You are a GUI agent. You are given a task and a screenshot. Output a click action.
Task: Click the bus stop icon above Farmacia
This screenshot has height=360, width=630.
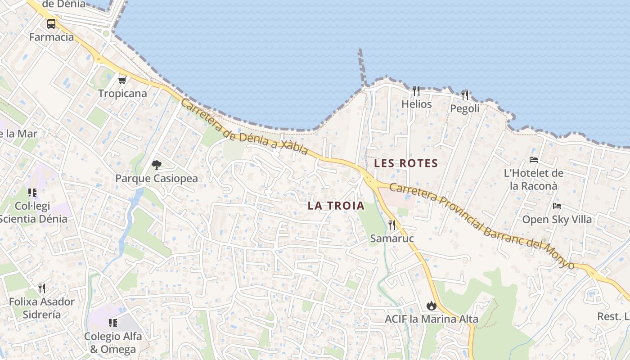(51, 24)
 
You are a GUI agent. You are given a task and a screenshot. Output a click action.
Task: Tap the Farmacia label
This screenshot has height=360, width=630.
(51, 37)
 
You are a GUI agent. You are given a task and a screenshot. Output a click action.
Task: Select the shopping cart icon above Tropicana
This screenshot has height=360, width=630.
(122, 81)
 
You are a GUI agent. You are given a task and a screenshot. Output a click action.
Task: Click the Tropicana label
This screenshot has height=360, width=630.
(122, 94)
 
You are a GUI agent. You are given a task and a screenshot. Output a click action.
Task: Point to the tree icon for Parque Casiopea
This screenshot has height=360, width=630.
(157, 165)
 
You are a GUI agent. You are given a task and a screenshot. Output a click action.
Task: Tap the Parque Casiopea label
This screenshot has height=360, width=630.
(157, 178)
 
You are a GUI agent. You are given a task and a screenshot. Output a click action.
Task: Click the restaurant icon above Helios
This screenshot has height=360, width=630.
(416, 91)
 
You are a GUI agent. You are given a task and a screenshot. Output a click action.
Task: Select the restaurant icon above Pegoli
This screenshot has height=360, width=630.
(465, 95)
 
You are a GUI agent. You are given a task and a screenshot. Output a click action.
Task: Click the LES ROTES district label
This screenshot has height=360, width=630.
(406, 163)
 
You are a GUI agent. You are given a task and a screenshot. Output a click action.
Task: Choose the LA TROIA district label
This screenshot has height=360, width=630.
(336, 206)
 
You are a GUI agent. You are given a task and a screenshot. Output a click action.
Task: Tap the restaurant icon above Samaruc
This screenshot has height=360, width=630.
(392, 225)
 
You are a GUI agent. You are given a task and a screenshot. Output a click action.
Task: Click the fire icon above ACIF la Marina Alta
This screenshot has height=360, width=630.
(432, 306)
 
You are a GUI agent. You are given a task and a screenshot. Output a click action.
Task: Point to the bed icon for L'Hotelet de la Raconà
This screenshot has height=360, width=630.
(534, 160)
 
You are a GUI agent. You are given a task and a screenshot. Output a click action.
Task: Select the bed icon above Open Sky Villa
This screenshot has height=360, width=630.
(557, 207)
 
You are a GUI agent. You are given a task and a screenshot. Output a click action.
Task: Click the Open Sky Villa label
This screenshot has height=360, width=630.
(557, 220)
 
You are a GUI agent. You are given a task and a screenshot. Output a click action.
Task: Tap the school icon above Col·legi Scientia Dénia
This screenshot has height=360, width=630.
(32, 193)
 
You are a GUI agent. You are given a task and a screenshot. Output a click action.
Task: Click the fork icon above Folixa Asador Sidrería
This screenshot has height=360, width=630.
(41, 288)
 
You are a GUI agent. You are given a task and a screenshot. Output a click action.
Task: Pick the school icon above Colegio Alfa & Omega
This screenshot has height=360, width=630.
(113, 323)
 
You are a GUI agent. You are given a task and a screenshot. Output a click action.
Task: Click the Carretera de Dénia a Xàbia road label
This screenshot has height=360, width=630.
(244, 127)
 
